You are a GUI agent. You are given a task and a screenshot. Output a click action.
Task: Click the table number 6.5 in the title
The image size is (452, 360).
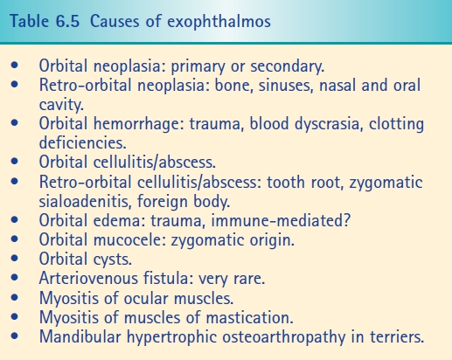tap(66, 22)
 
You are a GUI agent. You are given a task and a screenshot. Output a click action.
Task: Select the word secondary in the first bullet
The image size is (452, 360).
tap(287, 66)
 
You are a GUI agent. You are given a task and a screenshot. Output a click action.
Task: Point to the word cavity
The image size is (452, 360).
tap(61, 105)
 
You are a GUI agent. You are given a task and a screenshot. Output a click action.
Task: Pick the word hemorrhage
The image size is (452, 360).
tap(139, 124)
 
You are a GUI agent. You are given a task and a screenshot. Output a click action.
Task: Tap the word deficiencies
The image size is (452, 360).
tap(82, 142)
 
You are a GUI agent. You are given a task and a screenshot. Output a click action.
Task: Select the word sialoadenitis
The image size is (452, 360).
tap(84, 201)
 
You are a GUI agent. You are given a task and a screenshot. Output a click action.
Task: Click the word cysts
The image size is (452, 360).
tap(113, 260)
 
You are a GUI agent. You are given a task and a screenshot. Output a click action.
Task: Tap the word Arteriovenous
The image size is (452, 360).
tap(88, 278)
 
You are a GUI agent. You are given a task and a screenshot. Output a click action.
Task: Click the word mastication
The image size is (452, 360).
tap(249, 317)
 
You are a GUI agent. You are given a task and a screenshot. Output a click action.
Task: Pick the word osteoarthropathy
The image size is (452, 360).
tap(284, 337)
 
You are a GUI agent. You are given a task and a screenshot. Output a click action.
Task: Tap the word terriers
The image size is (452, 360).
tap(397, 336)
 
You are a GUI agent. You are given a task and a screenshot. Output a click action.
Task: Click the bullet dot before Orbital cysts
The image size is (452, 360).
tap(14, 258)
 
